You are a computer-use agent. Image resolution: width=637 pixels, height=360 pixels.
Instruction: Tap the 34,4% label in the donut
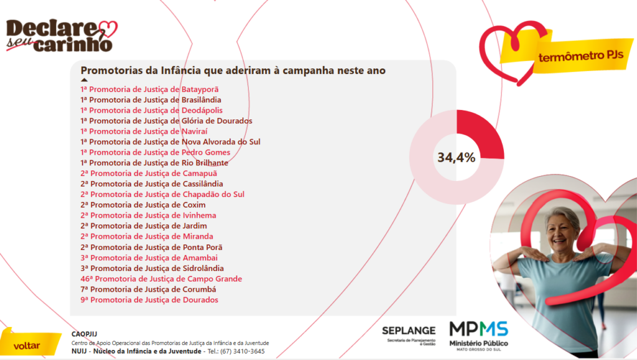coord(456,157)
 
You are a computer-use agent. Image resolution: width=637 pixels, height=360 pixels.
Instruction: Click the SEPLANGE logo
coord(409,334)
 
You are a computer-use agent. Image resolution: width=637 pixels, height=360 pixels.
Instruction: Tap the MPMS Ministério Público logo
coord(479,336)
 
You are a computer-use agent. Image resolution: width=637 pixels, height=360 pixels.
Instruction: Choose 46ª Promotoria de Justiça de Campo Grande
coord(160,279)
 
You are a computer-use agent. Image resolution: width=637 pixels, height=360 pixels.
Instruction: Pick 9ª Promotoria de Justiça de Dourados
coord(149,300)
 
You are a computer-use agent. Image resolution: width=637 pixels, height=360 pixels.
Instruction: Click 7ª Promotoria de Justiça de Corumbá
coord(148,289)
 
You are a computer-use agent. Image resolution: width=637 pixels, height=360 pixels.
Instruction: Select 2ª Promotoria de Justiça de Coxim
coord(142,205)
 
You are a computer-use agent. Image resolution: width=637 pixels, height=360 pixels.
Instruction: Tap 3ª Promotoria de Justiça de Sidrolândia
coord(152,268)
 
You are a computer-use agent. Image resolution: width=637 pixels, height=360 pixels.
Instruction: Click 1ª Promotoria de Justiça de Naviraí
coord(144,131)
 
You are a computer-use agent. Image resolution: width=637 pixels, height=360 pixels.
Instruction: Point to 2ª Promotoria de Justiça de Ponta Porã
coord(151,247)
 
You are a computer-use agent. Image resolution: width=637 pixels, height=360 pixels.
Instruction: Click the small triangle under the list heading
coord(84,80)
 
